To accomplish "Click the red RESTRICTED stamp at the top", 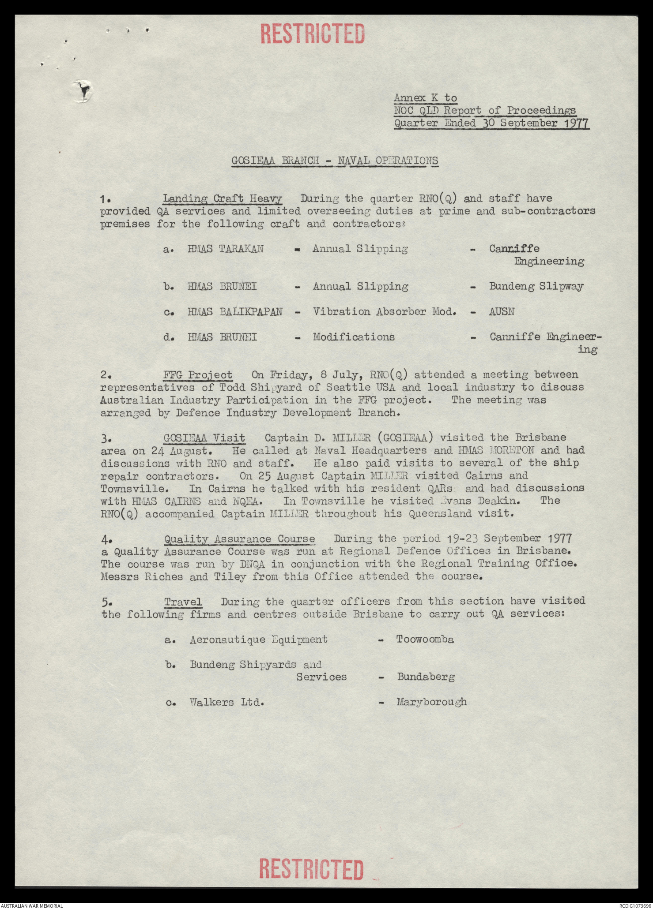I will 313,34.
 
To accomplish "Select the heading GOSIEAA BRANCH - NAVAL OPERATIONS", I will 335,161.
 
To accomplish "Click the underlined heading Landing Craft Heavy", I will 223,199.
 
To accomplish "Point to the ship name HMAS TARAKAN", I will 226,249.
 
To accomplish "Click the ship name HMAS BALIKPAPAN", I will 235,312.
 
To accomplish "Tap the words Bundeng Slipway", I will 536,287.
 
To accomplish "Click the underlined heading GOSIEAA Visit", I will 204,438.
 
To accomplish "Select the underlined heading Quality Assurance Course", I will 240,539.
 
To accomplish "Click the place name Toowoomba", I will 425,640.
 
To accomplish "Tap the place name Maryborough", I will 431,702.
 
